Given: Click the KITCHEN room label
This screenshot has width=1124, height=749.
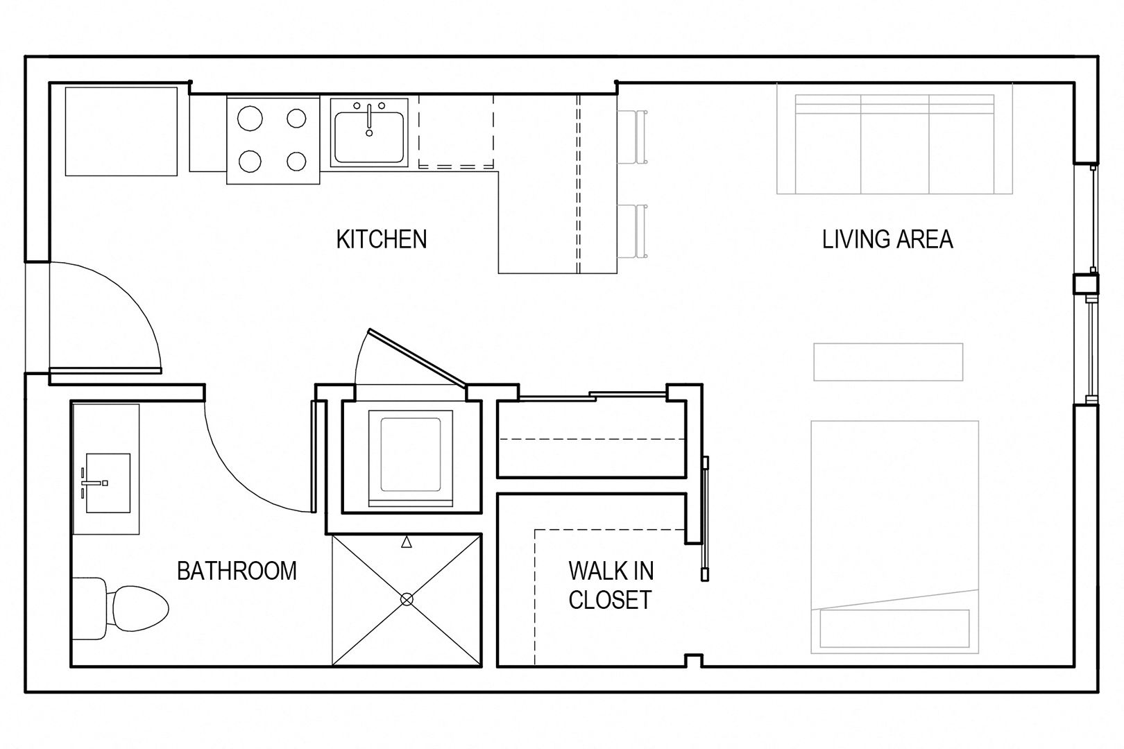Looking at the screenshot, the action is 382,239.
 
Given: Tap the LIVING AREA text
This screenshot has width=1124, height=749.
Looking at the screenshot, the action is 887,239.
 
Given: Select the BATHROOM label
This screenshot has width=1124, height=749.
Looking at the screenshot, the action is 237,571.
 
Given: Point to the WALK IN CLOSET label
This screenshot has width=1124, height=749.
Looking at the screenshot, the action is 611,585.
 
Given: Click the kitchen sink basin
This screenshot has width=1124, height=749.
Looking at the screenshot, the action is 369,137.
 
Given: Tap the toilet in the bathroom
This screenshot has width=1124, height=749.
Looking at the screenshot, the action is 121,608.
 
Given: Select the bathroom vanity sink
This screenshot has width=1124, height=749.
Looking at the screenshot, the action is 108,483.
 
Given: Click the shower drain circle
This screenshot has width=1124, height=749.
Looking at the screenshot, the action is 407,599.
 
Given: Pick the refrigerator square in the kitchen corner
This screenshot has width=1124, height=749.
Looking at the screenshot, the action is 121,132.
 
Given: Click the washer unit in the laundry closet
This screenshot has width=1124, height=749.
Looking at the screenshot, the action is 411,458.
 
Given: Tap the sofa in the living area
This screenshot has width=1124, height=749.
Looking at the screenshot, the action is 894,144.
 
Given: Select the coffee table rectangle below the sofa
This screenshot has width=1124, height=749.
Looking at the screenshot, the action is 888,362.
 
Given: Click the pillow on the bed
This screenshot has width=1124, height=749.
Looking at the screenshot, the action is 894,628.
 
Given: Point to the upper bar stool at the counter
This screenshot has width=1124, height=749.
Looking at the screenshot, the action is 632,137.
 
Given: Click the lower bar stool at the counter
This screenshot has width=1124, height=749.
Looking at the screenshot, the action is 632,231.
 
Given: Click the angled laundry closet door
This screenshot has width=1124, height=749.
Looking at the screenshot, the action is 418,358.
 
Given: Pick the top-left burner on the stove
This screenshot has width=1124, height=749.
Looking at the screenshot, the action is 249,119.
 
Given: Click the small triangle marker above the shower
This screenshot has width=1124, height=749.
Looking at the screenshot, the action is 407,542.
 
